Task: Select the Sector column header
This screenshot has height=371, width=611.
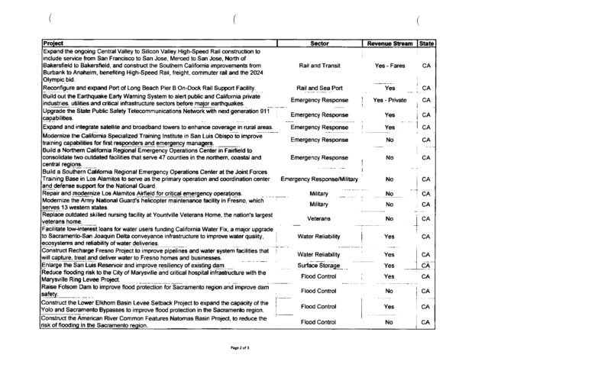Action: pyautogui.click(x=320, y=44)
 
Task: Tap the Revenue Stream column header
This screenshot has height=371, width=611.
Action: pyautogui.click(x=390, y=44)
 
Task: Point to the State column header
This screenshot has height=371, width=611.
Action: pyautogui.click(x=427, y=44)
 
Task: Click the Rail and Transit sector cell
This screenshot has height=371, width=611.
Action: pyautogui.click(x=320, y=66)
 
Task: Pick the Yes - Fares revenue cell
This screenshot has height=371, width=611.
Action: pyautogui.click(x=390, y=66)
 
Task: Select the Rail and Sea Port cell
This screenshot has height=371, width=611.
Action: pyautogui.click(x=320, y=89)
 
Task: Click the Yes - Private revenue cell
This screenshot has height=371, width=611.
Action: pyautogui.click(x=390, y=100)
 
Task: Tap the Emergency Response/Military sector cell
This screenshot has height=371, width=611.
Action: pyautogui.click(x=320, y=179)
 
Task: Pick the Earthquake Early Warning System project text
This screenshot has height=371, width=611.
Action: pyautogui.click(x=154, y=100)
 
